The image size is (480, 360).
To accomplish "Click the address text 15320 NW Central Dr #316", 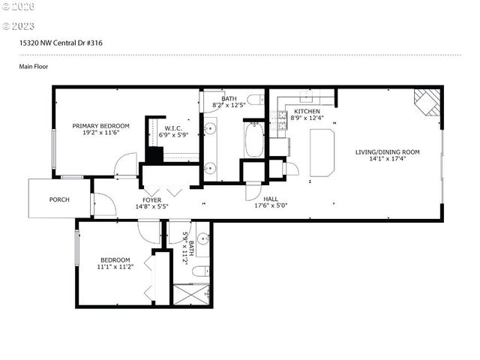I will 61,43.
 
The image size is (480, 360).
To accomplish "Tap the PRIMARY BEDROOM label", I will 100,126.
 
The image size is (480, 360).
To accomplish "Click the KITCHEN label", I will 307,111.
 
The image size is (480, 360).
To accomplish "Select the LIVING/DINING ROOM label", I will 387,152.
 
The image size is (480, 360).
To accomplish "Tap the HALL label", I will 271,199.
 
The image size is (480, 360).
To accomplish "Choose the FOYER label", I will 152,199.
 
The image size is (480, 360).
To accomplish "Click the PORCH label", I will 59,199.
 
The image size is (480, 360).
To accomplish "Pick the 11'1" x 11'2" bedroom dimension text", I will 115,266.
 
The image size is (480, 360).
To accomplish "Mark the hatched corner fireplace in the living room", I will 429,102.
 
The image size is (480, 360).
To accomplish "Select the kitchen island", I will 322,151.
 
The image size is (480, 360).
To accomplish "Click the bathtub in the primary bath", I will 254,140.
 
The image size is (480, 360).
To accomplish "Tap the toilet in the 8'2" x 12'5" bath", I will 254,99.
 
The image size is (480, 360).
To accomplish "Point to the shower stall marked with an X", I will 192,292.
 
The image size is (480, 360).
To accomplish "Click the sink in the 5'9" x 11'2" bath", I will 202,238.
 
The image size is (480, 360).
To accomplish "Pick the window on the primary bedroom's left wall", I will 54,154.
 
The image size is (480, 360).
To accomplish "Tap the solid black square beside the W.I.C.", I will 154,155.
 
